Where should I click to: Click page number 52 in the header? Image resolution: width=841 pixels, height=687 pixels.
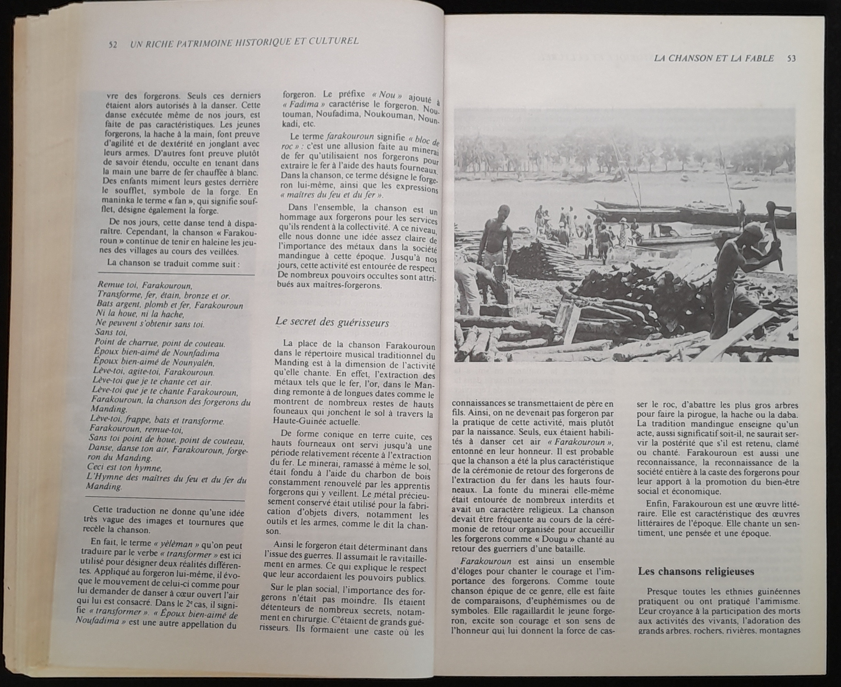113,45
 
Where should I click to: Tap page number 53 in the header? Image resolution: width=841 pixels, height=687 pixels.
791,59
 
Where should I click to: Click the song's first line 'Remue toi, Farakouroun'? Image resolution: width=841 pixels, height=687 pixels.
145,285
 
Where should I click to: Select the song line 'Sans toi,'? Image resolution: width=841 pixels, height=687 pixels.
111,333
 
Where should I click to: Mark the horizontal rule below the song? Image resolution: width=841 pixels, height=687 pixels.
165,500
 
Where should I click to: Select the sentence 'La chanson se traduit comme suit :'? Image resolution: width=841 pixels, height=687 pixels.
173,263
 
